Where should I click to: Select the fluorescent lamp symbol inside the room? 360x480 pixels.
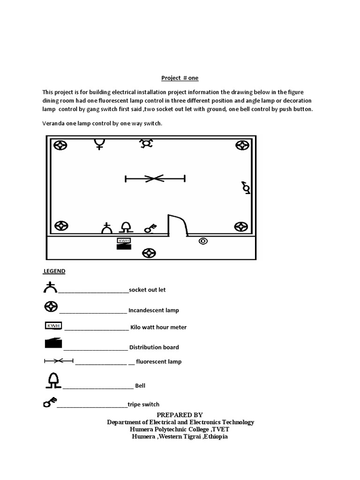click(x=155, y=178)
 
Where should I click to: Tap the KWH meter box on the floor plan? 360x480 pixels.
click(x=124, y=240)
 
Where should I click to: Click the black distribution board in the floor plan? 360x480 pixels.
click(x=124, y=247)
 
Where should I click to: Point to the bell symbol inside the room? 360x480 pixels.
click(x=126, y=228)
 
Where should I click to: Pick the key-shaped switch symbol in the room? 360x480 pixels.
click(x=150, y=228)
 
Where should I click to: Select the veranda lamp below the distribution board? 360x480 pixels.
click(x=150, y=254)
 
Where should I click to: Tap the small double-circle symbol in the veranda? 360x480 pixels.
click(x=203, y=241)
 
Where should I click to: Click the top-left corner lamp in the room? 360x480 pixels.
click(x=60, y=145)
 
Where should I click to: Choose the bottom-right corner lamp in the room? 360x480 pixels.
click(x=241, y=227)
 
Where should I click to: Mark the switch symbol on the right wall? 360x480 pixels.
click(x=246, y=187)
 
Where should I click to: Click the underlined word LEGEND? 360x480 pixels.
click(x=54, y=271)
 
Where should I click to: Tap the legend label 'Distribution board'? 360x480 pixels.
click(x=154, y=347)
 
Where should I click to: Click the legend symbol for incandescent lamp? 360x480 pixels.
click(x=51, y=307)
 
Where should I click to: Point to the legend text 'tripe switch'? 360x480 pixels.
click(x=143, y=404)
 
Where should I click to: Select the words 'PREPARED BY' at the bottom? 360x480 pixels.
click(x=180, y=415)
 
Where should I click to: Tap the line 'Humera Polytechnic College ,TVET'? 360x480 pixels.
click(x=180, y=429)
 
